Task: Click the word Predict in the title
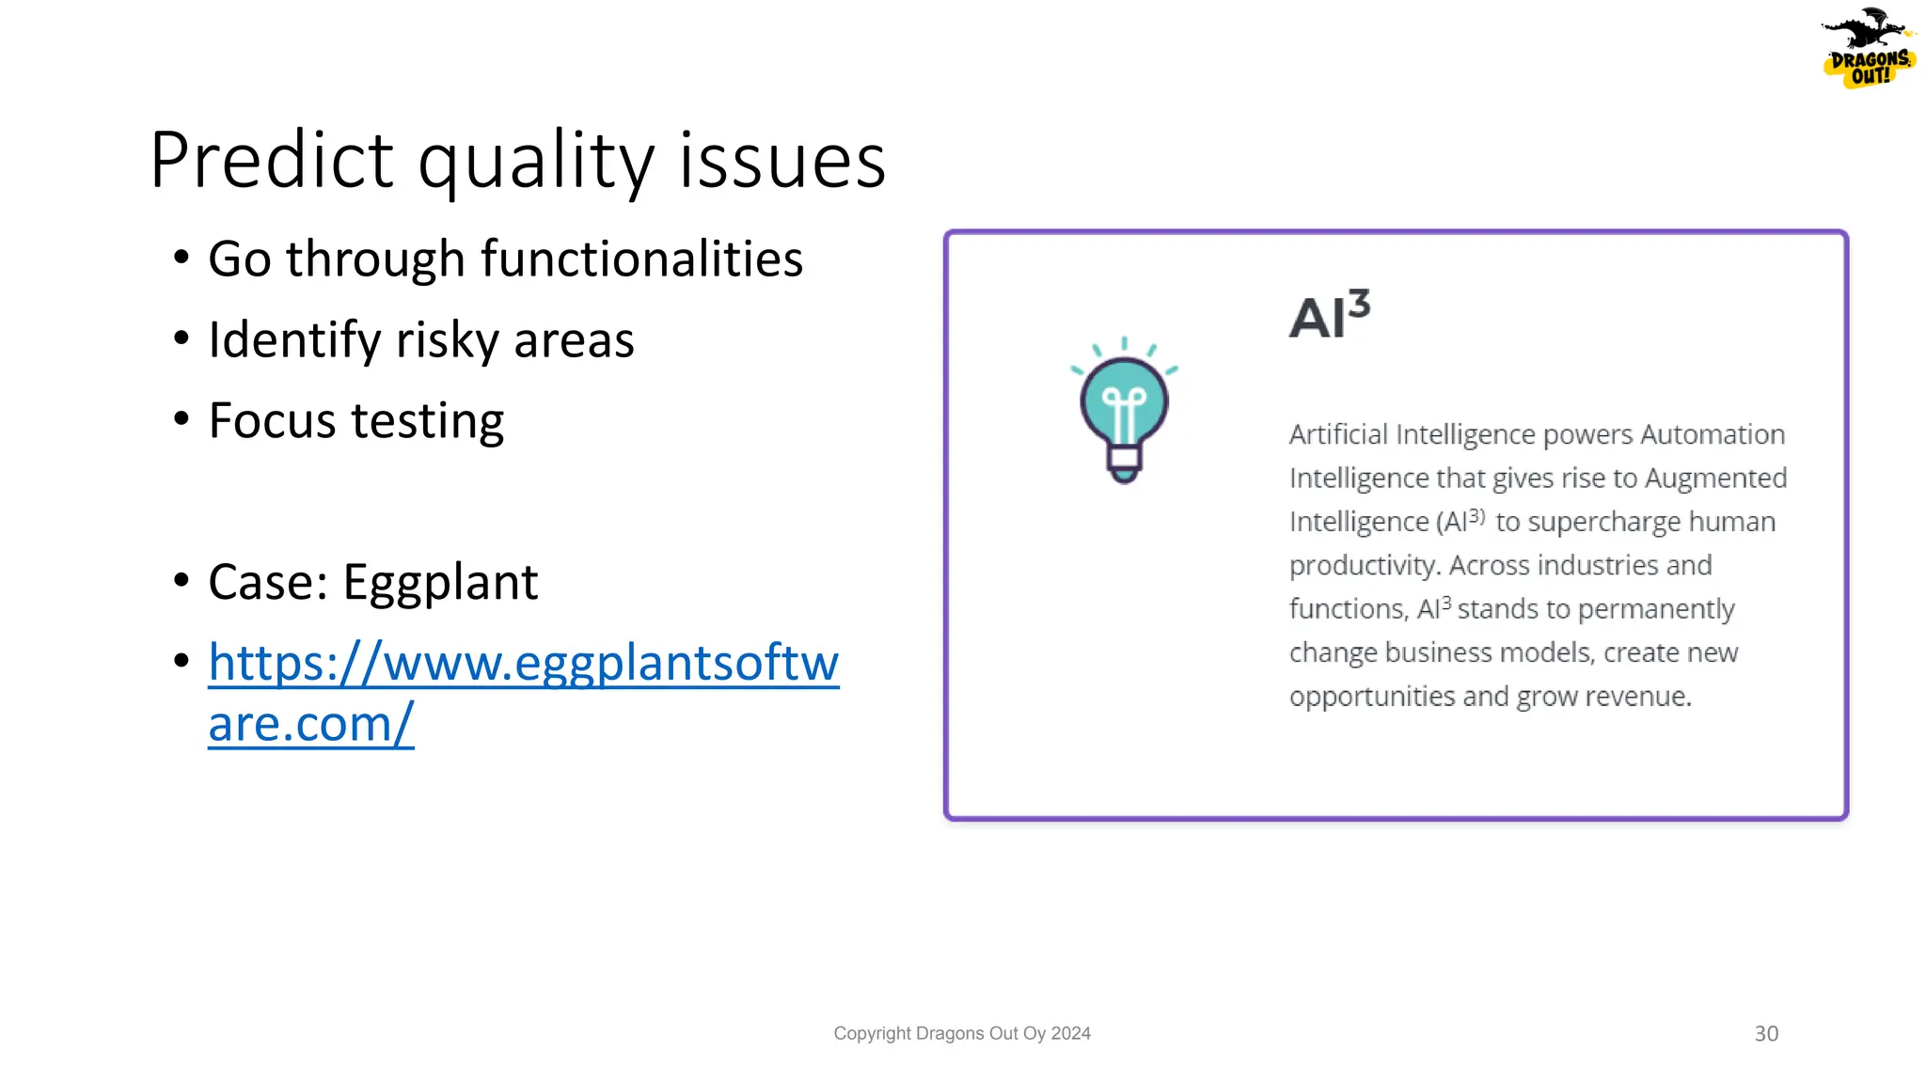click(x=271, y=161)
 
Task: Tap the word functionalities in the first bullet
click(x=641, y=259)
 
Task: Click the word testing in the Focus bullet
click(x=428, y=421)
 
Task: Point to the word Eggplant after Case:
click(x=440, y=582)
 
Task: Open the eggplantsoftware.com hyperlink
click(x=523, y=664)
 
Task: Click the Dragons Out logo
click(x=1868, y=49)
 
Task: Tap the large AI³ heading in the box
click(x=1329, y=316)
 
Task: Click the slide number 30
click(x=1766, y=1034)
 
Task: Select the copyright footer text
click(x=961, y=1034)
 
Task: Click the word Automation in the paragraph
click(x=1713, y=434)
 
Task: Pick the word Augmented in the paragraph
click(x=1715, y=479)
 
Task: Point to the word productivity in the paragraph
click(x=1364, y=566)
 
